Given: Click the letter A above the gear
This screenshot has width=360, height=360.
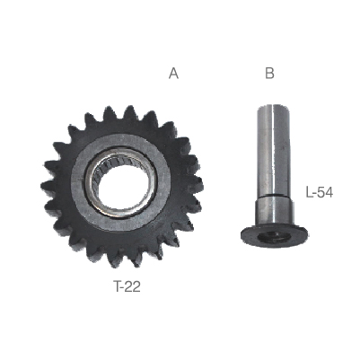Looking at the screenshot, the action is click(173, 74).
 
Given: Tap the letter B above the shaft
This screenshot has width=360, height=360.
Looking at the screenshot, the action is click(269, 74).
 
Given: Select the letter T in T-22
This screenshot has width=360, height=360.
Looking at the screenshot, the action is click(118, 287).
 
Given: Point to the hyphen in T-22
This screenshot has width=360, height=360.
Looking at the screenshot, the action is click(124, 288).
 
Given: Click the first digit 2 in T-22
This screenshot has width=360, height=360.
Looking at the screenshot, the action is click(129, 287).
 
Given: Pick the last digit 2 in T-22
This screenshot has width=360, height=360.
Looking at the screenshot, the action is click(136, 287).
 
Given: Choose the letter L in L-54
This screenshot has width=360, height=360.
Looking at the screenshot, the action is click(309, 192).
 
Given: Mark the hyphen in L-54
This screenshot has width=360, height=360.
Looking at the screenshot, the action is click(315, 194).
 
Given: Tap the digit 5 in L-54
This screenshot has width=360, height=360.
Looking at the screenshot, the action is click(321, 192).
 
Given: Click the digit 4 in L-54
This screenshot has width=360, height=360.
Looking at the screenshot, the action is click(329, 192).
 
